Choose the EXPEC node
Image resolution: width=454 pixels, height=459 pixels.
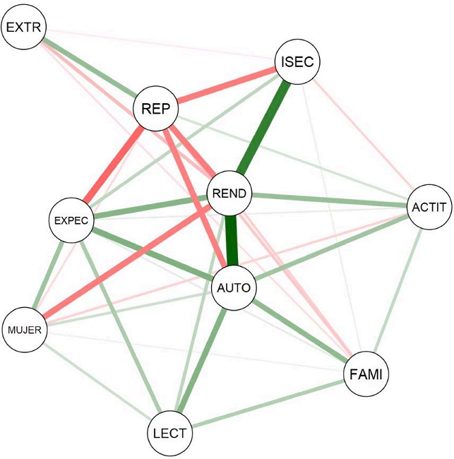[71, 220]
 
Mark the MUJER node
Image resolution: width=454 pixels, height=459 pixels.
[25, 329]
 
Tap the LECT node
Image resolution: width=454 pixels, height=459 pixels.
[169, 433]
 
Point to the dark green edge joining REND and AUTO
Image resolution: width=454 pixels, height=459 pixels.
[232, 240]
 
